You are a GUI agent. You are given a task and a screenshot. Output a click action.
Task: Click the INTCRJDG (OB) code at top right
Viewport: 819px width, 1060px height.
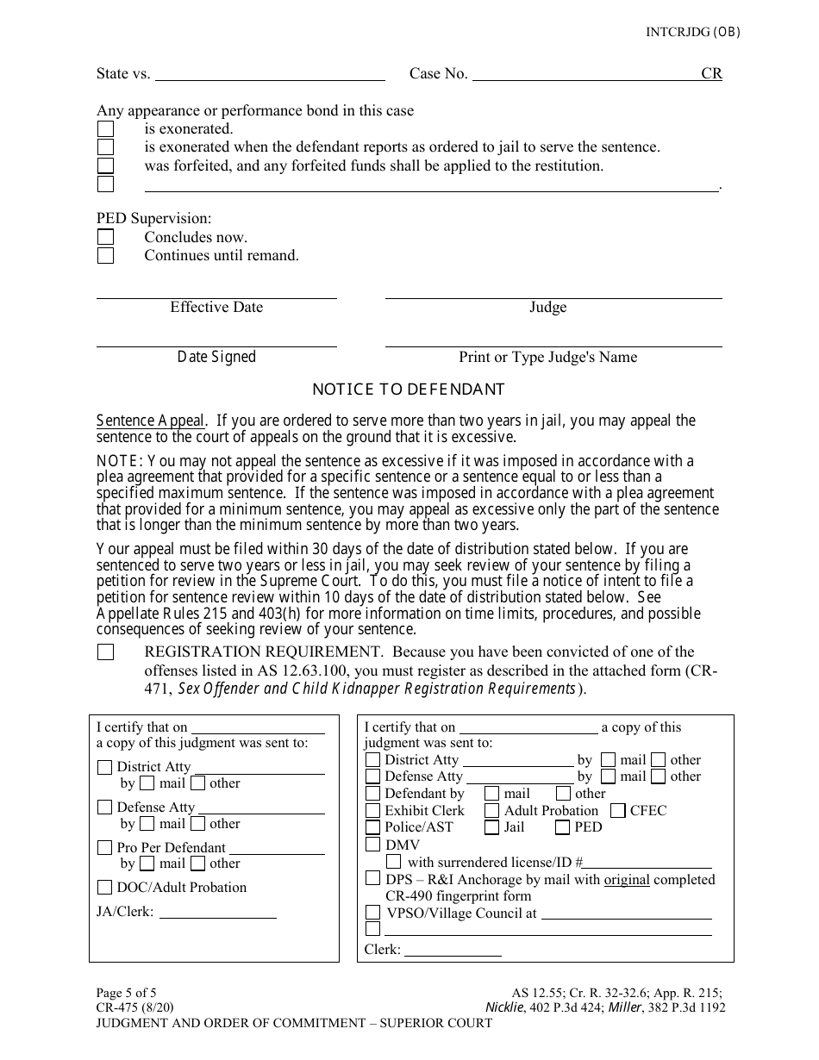click(692, 33)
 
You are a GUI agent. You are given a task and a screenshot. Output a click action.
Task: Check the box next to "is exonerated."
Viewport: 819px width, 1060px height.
click(105, 129)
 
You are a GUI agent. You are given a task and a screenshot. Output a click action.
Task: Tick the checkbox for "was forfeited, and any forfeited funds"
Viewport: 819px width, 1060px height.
click(105, 165)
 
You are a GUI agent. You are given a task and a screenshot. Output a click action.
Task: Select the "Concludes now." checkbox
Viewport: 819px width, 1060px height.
click(105, 237)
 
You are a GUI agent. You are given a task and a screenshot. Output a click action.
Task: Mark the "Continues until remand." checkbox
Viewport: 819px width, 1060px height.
click(105, 255)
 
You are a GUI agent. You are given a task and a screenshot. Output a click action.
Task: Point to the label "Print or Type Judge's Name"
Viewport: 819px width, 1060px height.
click(547, 357)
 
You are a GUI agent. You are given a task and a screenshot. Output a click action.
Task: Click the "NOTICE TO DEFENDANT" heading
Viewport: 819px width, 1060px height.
click(408, 390)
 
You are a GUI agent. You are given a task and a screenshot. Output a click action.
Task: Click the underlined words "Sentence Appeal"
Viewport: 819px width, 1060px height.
click(151, 421)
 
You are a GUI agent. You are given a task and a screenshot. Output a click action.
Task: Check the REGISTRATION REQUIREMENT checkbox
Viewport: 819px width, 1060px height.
click(105, 652)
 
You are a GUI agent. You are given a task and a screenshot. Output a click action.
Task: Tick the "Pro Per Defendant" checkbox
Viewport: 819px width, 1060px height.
click(104, 848)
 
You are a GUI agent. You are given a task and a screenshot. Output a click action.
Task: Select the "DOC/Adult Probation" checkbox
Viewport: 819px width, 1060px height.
click(104, 888)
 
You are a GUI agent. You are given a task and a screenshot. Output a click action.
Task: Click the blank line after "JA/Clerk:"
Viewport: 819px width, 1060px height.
click(218, 914)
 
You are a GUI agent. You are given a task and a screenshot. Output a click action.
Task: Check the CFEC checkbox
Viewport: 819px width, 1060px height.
click(617, 811)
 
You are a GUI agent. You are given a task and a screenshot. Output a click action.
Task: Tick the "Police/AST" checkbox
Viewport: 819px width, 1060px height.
click(372, 827)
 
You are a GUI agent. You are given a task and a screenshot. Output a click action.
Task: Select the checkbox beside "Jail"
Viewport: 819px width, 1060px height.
click(491, 827)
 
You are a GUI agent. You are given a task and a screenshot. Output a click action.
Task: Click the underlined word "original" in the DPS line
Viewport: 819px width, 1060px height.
click(627, 880)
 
